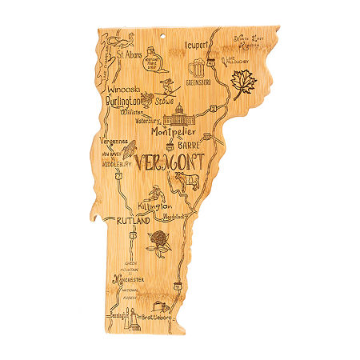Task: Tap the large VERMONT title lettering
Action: [170, 163]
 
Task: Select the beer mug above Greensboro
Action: [196, 68]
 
